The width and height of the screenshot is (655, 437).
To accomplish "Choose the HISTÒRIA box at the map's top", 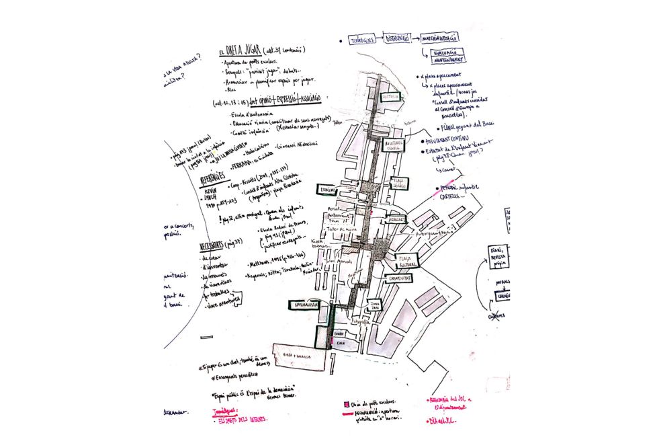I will [390, 97].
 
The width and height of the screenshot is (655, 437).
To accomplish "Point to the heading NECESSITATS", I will [215, 246].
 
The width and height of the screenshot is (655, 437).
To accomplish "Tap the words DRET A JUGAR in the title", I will [243, 52].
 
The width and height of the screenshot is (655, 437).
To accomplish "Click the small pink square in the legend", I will [347, 405].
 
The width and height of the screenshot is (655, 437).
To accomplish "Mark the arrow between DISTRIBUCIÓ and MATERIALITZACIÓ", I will [419, 39].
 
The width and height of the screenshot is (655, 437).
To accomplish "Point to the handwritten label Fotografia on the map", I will [362, 323].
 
